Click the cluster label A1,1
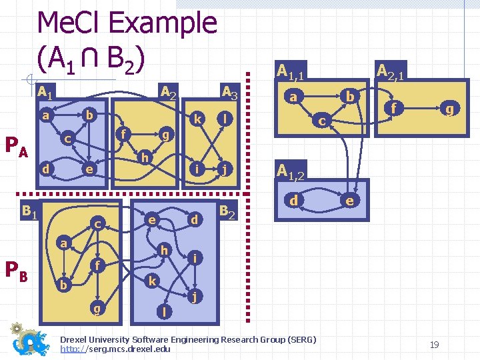click(x=291, y=70)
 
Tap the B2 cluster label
click(x=228, y=211)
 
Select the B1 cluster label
click(x=28, y=212)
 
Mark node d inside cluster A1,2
click(x=293, y=200)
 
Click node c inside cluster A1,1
click(x=321, y=121)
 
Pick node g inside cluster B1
click(x=98, y=308)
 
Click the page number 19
click(x=434, y=345)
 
